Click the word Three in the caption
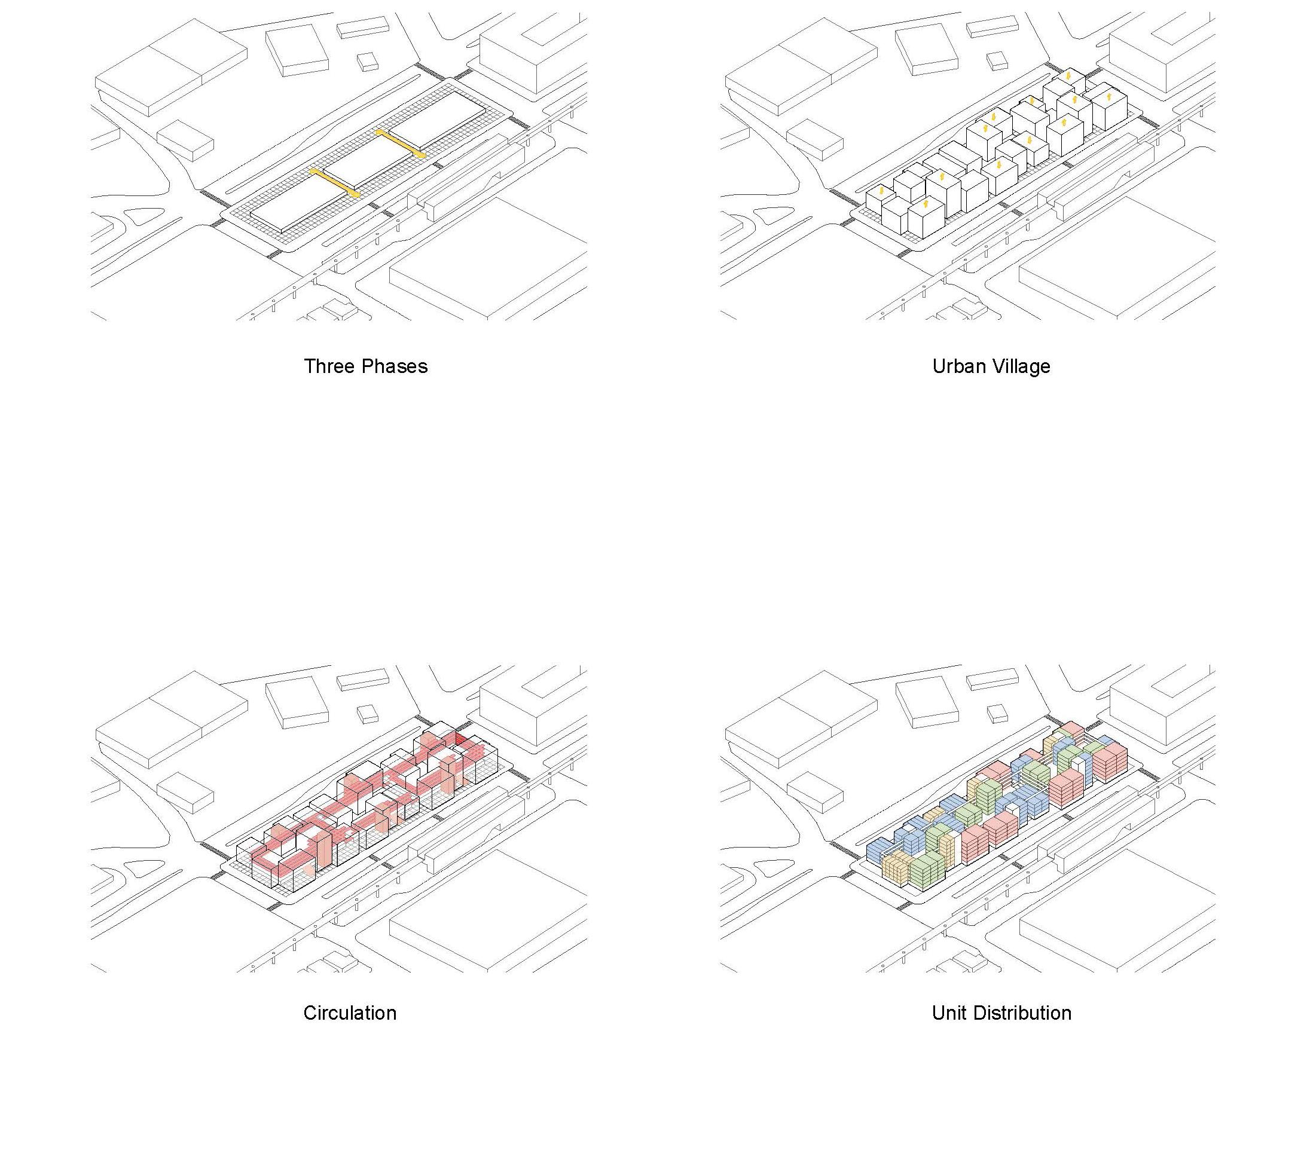[328, 366]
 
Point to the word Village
[1022, 366]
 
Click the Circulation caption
[349, 1013]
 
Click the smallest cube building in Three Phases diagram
[367, 62]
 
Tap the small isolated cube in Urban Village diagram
[997, 61]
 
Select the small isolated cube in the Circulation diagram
[367, 714]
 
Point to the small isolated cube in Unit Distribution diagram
[997, 714]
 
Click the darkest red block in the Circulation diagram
[460, 739]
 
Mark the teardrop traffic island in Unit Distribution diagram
[772, 869]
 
